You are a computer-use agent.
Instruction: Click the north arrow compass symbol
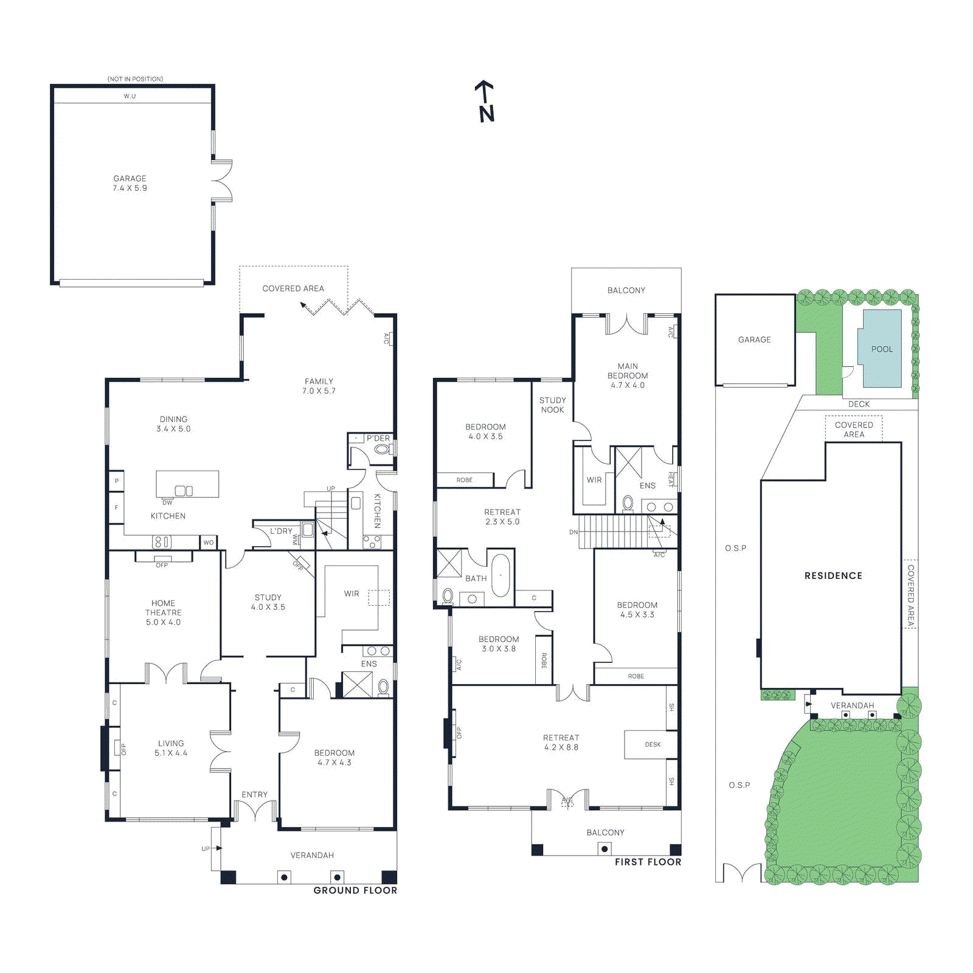[x=485, y=102]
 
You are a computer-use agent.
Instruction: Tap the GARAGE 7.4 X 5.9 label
[x=130, y=183]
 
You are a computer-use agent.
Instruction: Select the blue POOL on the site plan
[x=881, y=348]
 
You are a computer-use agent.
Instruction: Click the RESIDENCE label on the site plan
[x=833, y=575]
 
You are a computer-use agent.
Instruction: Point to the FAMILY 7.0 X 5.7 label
[x=319, y=386]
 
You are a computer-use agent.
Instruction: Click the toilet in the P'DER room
[x=382, y=449]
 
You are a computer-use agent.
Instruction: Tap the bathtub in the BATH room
[x=500, y=575]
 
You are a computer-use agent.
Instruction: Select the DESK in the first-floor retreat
[x=651, y=744]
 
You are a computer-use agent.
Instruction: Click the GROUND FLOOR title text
[x=355, y=890]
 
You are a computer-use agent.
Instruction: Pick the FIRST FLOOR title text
[x=648, y=862]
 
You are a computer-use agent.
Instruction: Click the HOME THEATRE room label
[x=163, y=612]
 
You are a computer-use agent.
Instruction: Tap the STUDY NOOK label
[x=552, y=405]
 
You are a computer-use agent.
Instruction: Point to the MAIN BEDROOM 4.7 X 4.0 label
[x=628, y=375]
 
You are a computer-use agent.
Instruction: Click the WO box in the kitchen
[x=209, y=542]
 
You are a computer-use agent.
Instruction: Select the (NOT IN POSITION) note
[x=135, y=79]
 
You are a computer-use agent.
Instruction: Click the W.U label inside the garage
[x=130, y=96]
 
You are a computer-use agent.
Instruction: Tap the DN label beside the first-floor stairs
[x=573, y=532]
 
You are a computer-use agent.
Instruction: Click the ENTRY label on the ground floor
[x=254, y=794]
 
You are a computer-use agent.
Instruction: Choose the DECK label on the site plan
[x=859, y=404]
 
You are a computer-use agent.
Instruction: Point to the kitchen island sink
[x=184, y=491]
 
